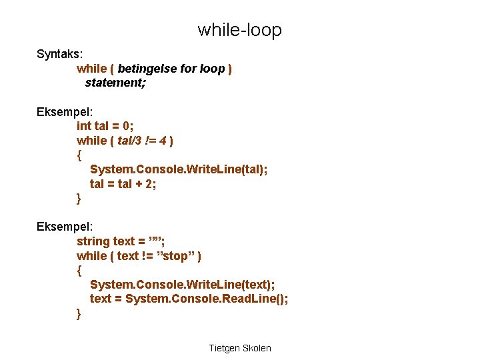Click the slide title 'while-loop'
(x=239, y=30)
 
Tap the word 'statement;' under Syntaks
(x=115, y=83)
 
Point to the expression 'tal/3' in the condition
(x=131, y=141)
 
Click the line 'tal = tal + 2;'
(x=123, y=184)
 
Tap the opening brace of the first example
(x=79, y=155)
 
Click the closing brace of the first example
(x=79, y=199)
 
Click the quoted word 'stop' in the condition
(x=179, y=256)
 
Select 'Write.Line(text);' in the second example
(x=226, y=285)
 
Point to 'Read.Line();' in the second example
(x=257, y=299)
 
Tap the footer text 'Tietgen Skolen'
(x=240, y=348)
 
